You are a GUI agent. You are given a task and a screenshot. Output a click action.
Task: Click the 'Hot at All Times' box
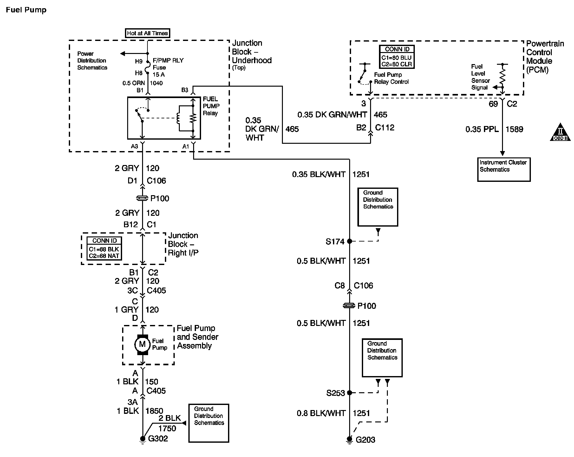[147, 33]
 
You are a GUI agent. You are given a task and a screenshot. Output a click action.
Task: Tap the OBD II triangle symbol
[560, 133]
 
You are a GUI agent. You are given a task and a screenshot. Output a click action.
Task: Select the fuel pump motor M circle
[142, 344]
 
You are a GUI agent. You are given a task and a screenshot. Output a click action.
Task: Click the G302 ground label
[158, 439]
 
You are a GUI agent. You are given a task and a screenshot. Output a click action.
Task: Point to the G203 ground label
[365, 440]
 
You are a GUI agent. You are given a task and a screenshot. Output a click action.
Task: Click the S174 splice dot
[349, 241]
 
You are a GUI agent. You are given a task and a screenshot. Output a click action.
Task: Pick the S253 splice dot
[349, 393]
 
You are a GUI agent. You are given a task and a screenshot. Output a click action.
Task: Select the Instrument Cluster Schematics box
[504, 169]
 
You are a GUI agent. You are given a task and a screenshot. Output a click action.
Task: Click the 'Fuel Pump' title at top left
[26, 10]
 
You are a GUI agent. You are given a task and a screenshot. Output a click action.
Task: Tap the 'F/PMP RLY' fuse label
[168, 60]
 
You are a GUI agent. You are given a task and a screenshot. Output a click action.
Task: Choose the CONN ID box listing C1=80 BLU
[397, 56]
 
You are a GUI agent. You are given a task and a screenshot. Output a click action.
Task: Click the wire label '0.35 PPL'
[482, 129]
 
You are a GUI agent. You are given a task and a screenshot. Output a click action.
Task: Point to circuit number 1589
[514, 129]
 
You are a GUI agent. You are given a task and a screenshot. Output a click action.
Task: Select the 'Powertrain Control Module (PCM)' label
[545, 56]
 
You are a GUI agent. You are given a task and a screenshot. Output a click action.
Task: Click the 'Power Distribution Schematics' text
[92, 61]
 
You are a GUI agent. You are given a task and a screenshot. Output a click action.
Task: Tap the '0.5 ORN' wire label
[134, 83]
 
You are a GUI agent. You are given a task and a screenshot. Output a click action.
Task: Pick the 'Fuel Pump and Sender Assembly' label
[197, 337]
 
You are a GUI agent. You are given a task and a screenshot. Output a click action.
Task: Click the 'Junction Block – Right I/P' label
[183, 244]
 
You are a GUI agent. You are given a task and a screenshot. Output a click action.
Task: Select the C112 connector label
[384, 128]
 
